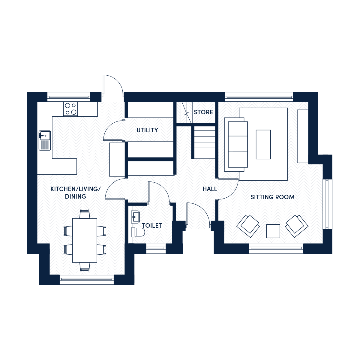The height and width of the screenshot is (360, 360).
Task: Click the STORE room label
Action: point(203,112)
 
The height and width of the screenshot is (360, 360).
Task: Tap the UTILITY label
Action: point(147,130)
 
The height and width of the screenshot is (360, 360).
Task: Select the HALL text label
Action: point(210,189)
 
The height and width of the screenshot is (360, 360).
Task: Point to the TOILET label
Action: point(152,226)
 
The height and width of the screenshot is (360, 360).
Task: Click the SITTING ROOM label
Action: point(272,197)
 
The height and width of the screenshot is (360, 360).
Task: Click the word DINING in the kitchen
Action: point(76,196)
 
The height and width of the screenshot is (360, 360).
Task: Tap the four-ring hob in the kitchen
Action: point(70,109)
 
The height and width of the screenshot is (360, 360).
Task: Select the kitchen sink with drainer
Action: point(45,140)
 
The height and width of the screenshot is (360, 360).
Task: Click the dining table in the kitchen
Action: point(85,240)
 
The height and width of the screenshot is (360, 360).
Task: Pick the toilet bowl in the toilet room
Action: point(138,232)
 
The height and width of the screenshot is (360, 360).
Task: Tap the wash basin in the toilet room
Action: point(135,217)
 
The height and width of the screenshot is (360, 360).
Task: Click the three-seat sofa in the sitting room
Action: point(236,144)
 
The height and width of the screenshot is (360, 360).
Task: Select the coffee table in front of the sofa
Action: point(263,145)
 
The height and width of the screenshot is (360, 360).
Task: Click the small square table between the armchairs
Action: point(273,231)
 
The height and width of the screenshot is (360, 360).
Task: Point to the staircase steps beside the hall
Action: point(205,142)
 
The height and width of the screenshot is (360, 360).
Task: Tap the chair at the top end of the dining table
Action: point(85,214)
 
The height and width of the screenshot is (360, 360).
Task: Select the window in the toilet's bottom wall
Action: point(156,248)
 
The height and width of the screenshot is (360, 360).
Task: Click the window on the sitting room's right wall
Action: point(327,204)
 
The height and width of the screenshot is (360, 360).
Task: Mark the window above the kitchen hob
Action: point(69,97)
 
